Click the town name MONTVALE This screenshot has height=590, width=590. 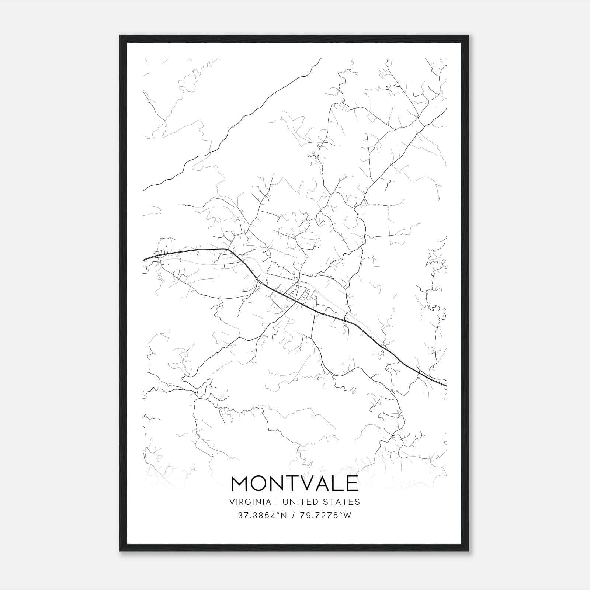coord(295,483)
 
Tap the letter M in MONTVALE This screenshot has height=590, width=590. coord(240,483)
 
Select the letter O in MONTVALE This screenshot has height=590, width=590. coord(262,483)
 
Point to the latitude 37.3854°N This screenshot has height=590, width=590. coord(262,516)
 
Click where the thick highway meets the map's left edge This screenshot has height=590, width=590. coord(143,260)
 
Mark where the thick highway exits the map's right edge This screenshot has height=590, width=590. coord(446,386)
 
